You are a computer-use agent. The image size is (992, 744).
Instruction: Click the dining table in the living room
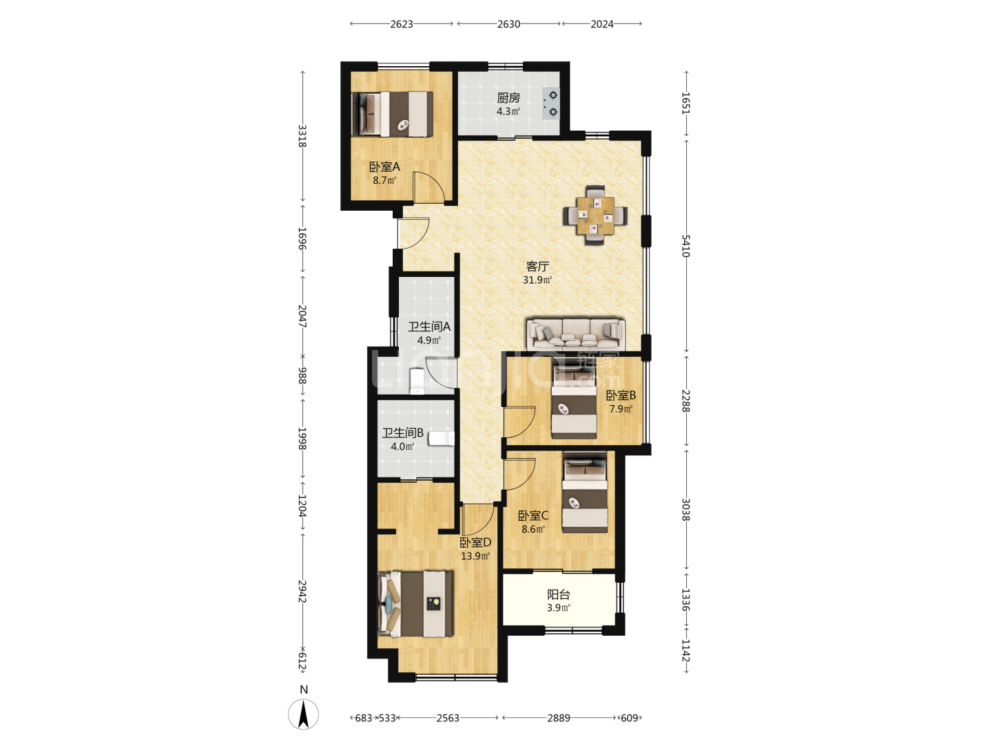tap(595, 216)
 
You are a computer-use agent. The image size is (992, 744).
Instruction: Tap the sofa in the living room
tap(576, 334)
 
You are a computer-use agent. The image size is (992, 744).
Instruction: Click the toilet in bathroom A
tap(416, 380)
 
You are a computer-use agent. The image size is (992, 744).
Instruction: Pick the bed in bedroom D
tap(415, 604)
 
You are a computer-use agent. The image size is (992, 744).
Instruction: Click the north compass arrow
tap(304, 714)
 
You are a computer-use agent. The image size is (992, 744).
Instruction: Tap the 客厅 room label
tap(537, 267)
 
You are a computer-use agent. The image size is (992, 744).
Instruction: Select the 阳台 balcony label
tap(559, 595)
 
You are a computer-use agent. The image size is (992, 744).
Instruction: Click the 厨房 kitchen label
tap(508, 98)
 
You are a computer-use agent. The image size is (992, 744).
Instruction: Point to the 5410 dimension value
tap(685, 246)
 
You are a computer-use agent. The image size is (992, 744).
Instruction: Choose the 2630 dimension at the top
tap(508, 24)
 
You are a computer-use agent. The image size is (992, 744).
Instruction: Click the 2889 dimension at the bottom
tap(559, 718)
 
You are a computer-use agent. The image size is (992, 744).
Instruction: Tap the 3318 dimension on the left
tap(302, 136)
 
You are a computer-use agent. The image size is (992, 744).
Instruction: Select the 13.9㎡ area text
tap(475, 556)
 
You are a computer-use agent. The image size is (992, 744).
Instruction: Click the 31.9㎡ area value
tap(537, 280)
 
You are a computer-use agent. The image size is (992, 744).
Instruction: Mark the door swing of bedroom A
tap(429, 187)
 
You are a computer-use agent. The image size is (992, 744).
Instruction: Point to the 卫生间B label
tap(403, 433)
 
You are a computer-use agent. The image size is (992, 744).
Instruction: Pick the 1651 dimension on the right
tap(685, 103)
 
